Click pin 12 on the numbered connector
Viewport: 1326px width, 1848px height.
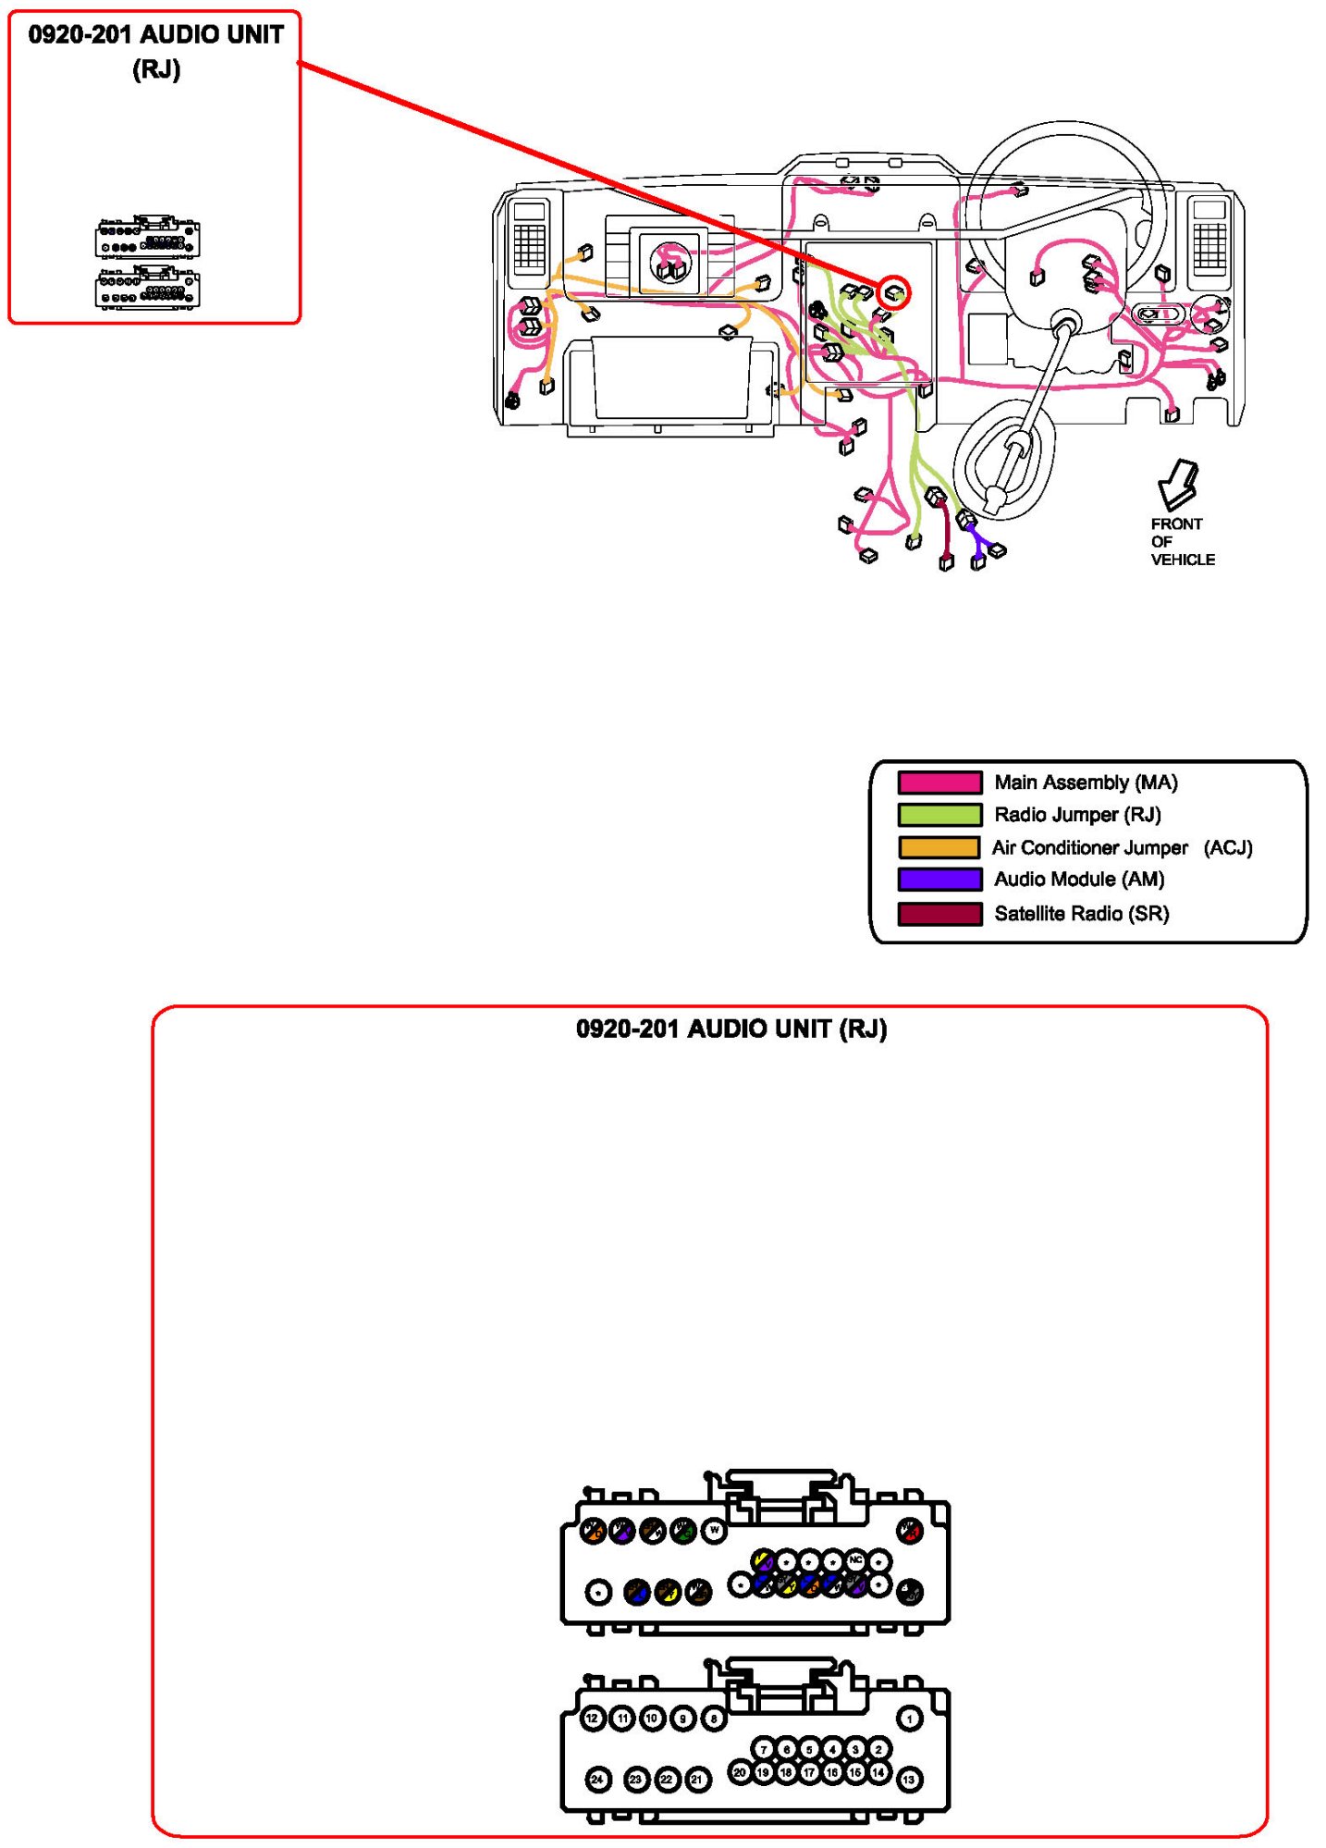[x=593, y=1719]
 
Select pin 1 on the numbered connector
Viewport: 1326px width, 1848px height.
[x=910, y=1719]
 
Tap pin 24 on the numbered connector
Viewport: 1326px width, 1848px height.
[x=598, y=1779]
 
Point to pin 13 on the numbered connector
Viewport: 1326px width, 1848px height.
[x=910, y=1779]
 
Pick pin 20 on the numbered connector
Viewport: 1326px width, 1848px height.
[x=740, y=1772]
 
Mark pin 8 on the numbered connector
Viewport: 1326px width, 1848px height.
[x=714, y=1719]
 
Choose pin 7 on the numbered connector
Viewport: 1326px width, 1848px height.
[x=764, y=1748]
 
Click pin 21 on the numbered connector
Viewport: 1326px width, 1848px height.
[x=698, y=1779]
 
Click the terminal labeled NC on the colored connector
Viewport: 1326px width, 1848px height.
[x=856, y=1561]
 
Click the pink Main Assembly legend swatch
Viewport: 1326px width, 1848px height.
[x=939, y=782]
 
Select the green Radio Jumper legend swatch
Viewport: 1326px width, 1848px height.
[x=939, y=815]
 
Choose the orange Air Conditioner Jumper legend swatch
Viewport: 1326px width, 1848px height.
[x=939, y=847]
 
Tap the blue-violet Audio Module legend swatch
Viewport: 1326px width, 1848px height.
[x=939, y=879]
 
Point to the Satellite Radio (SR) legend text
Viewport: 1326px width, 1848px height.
[x=1081, y=914]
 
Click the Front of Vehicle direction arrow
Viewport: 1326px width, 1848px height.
[x=1177, y=484]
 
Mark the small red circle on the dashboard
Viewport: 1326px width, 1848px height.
[x=894, y=293]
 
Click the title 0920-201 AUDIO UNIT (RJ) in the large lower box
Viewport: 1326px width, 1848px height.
[x=731, y=1029]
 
